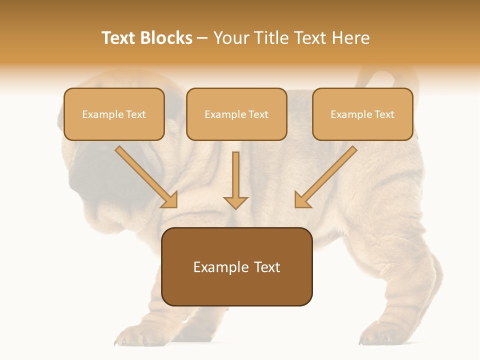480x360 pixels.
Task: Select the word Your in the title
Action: (x=231, y=38)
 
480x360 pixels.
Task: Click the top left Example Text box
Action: (x=114, y=114)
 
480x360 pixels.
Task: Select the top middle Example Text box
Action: (x=236, y=114)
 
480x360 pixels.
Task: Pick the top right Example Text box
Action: (x=362, y=114)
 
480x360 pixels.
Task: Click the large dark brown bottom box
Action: (x=236, y=266)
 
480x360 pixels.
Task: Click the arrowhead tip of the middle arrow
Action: (x=235, y=206)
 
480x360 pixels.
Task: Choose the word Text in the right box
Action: (x=384, y=114)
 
